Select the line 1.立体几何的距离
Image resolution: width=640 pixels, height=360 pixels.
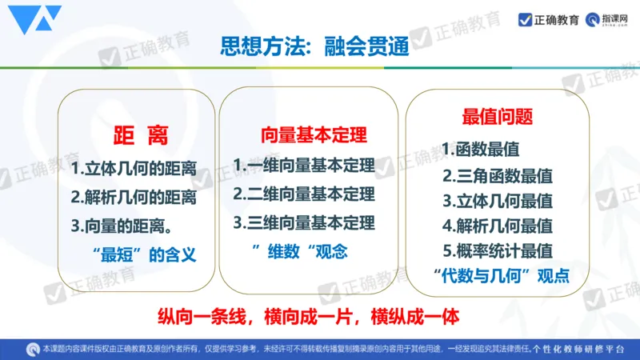coord(134,170)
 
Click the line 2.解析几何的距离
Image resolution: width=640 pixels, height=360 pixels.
coord(134,197)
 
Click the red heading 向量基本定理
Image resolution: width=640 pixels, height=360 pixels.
coord(308,134)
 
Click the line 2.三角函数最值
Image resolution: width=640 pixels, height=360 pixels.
coord(498,175)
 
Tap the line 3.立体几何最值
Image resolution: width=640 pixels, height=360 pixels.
coord(498,200)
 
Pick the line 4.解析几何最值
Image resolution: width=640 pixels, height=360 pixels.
coord(498,225)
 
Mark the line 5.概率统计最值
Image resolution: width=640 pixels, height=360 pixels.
coord(498,250)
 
